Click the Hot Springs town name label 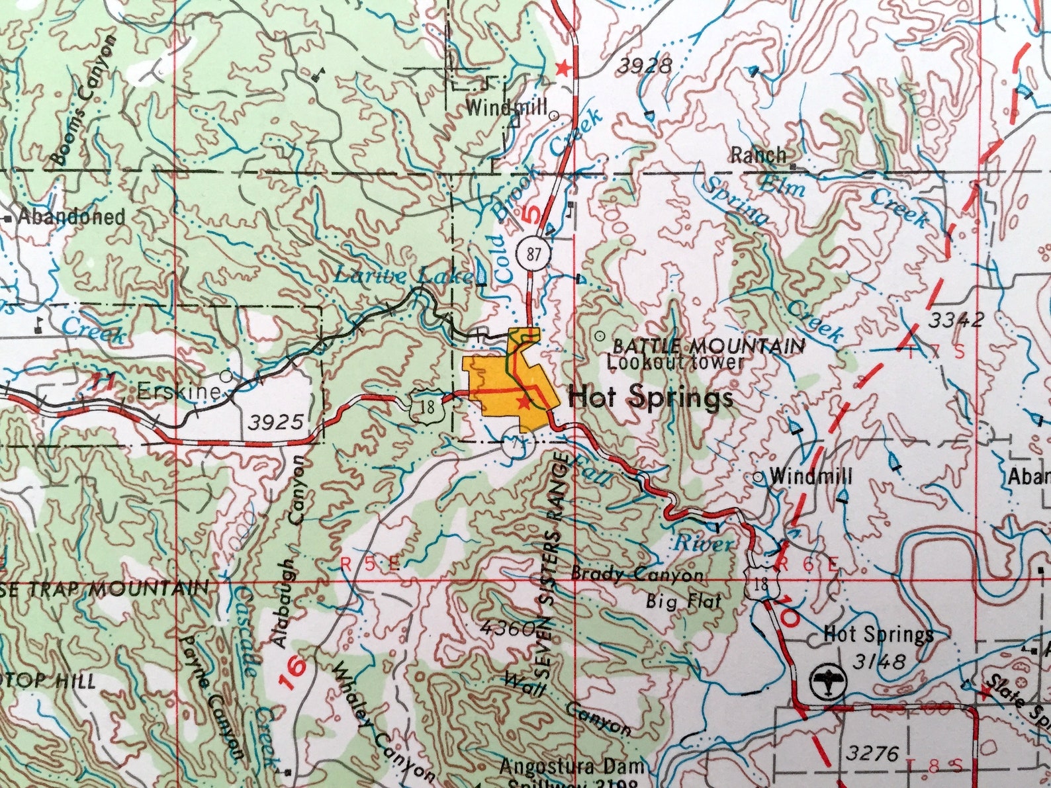pos(650,398)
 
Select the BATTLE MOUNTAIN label pos(708,346)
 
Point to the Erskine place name pos(178,392)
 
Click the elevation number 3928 pos(645,66)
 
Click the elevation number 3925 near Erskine pos(277,421)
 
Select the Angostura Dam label pos(571,767)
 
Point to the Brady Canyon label pos(636,574)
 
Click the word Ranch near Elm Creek pos(758,155)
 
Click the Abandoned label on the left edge pos(71,216)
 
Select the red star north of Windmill pos(563,67)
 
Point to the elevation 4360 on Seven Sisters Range pos(508,628)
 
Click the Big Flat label pos(683,601)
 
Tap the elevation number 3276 pos(872,754)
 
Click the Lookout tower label pos(675,363)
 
